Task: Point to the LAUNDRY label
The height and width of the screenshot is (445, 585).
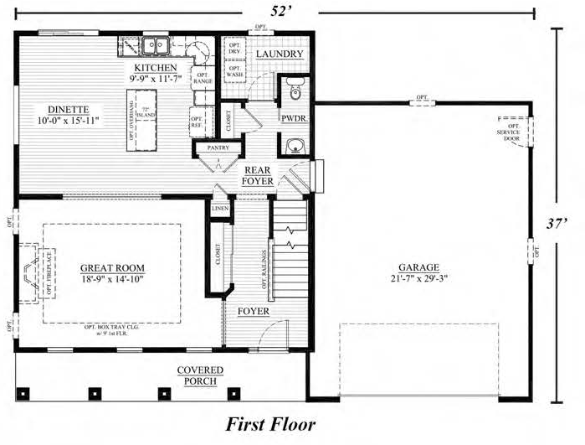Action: pos(279,55)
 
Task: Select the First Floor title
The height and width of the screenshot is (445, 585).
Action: pos(271,424)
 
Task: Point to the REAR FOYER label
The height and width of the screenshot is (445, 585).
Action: pos(255,175)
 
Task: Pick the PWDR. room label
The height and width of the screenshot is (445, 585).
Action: pos(294,119)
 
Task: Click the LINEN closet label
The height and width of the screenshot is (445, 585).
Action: pos(220,208)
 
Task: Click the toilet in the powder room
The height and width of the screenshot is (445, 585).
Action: pos(294,87)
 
